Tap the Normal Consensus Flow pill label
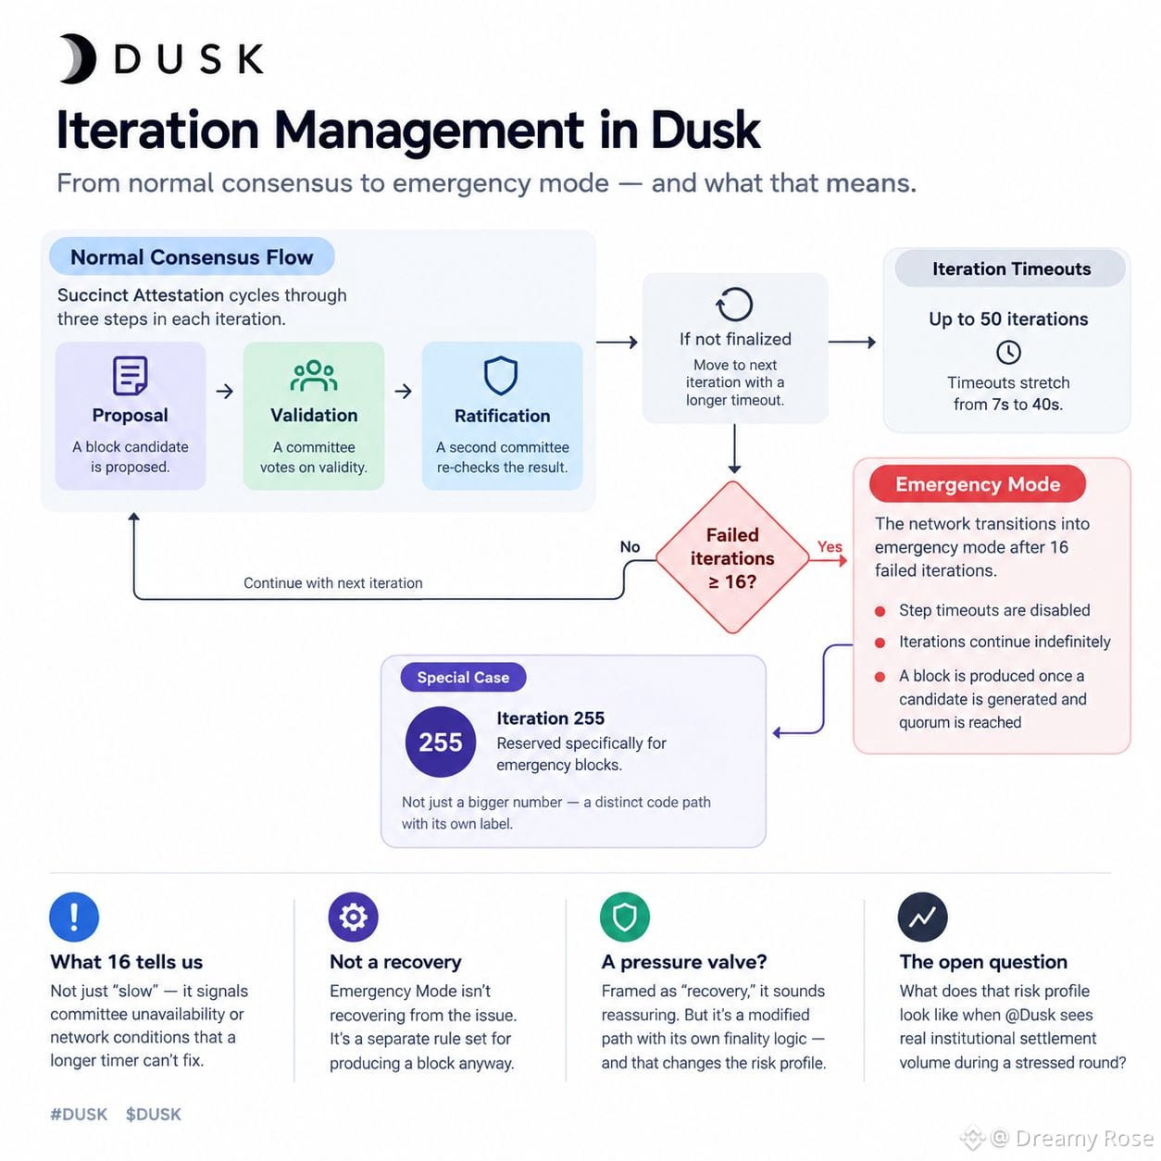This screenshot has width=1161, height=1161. tap(192, 256)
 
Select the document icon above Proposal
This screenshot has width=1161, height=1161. tap(131, 375)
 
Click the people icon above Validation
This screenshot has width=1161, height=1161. tap(313, 376)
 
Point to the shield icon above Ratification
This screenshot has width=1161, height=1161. tap(501, 376)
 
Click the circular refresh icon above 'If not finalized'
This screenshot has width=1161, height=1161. tap(734, 305)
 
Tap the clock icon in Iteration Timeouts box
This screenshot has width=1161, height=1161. tap(1008, 352)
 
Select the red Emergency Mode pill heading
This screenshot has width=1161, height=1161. tap(978, 484)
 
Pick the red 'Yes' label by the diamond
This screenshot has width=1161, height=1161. tap(830, 546)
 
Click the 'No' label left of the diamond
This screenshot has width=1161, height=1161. tap(630, 546)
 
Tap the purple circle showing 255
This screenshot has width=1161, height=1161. tap(441, 742)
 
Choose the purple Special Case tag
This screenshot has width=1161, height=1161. tap(463, 677)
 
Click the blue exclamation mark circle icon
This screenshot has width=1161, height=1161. tap(74, 917)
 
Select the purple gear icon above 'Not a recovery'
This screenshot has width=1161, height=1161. tap(353, 917)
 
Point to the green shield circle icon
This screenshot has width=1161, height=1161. tap(625, 917)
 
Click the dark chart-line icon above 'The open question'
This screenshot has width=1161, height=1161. tap(922, 917)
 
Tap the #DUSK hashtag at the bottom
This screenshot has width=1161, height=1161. tap(79, 1114)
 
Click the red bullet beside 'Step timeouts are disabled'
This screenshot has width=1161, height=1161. tap(880, 612)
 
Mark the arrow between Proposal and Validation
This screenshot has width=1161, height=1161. tap(225, 391)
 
